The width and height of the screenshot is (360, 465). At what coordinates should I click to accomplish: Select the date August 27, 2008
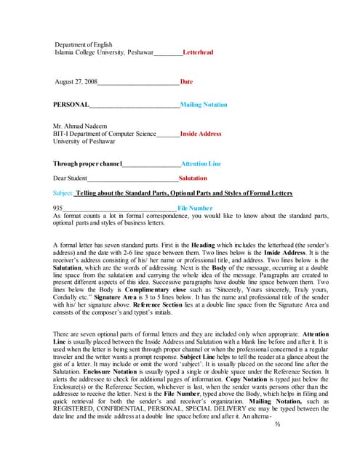[x=76, y=82]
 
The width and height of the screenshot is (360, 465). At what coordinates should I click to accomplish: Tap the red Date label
[x=186, y=82]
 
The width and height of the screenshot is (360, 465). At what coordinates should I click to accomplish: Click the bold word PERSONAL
[x=71, y=105]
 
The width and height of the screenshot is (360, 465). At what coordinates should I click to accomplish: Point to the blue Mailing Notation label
[x=204, y=105]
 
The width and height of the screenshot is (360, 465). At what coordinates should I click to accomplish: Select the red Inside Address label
[x=201, y=134]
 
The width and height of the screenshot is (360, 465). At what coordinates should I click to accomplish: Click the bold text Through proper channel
[x=88, y=163]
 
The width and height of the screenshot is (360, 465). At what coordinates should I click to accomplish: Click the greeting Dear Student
[x=71, y=178]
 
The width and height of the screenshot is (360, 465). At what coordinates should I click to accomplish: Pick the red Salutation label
[x=193, y=178]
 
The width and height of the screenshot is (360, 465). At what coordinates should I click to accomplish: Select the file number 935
[x=59, y=208]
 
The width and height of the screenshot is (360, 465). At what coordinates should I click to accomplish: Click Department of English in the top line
[x=84, y=45]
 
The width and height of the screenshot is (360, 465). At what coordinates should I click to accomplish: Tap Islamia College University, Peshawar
[x=104, y=53]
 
